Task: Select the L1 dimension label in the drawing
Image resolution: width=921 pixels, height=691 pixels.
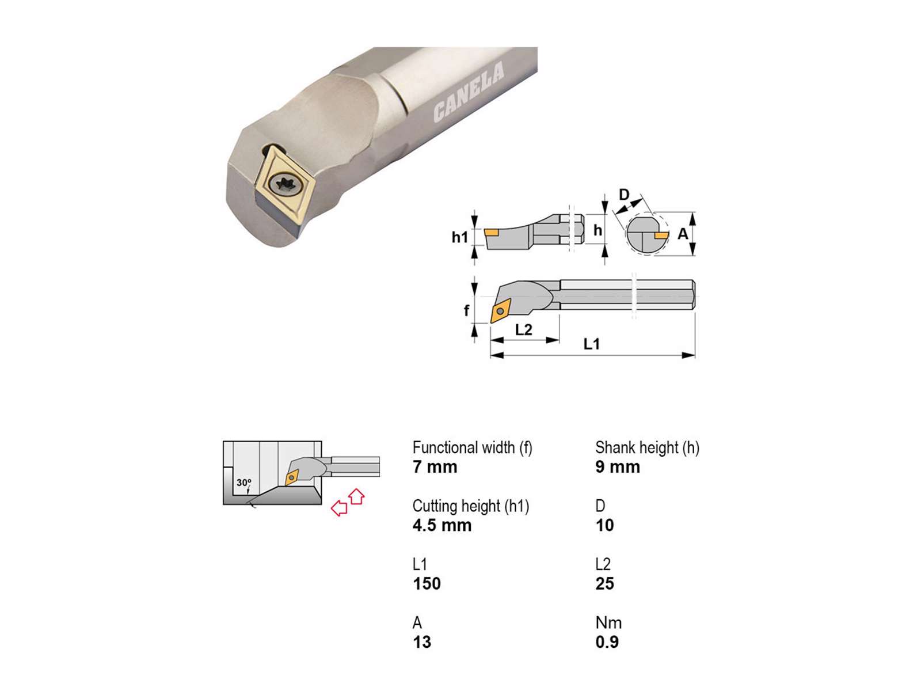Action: pyautogui.click(x=592, y=344)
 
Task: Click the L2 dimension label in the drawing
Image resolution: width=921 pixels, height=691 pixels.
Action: pyautogui.click(x=524, y=330)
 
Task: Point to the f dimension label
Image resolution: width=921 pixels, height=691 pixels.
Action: pyautogui.click(x=466, y=310)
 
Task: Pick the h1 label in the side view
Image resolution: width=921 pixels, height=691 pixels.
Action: pyautogui.click(x=459, y=237)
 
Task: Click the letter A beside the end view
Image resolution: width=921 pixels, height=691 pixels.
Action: pyautogui.click(x=683, y=234)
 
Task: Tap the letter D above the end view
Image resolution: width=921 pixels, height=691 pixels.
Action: pyautogui.click(x=625, y=195)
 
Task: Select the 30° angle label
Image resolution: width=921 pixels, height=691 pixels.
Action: pyautogui.click(x=244, y=483)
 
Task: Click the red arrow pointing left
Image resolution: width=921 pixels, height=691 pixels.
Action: pyautogui.click(x=339, y=508)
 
